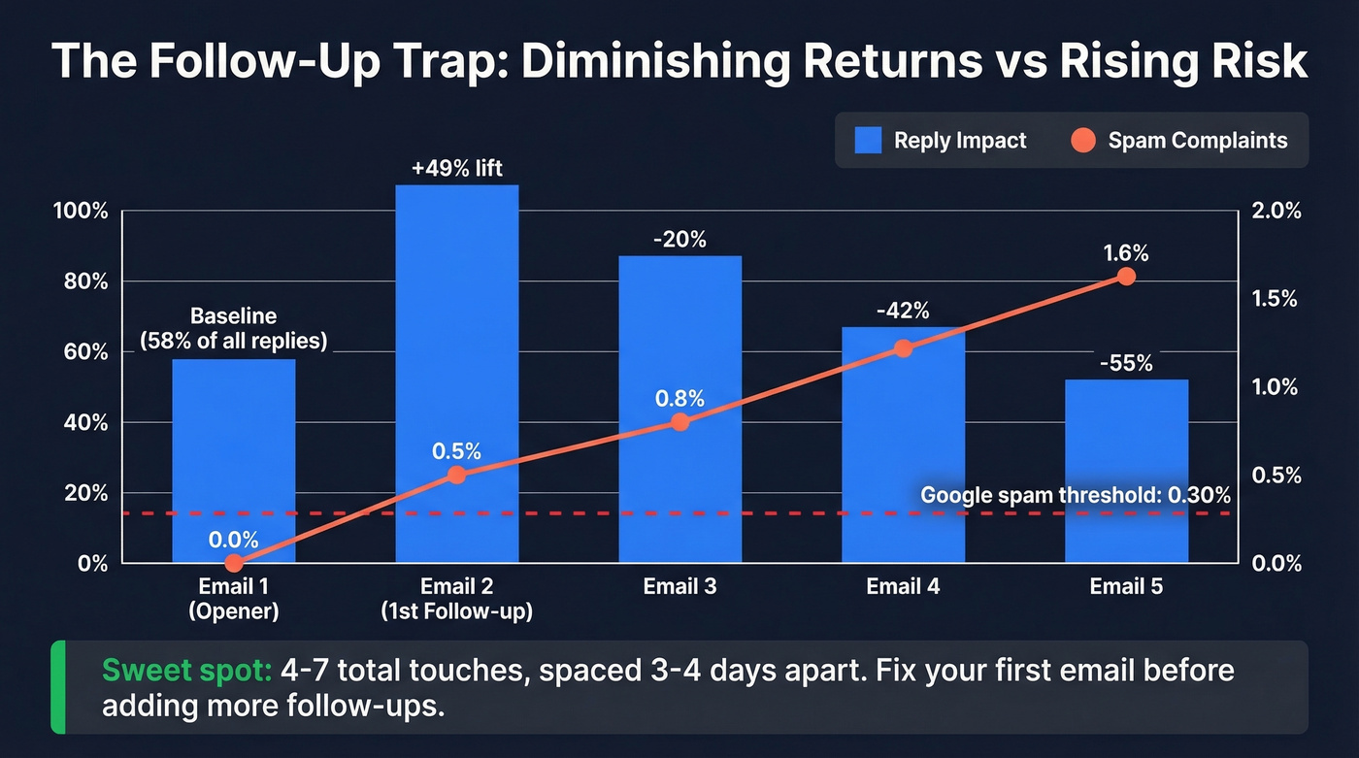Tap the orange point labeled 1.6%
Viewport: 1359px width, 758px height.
coord(1126,277)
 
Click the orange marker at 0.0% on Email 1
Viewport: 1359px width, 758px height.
coord(233,563)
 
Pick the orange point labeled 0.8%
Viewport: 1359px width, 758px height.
coord(679,422)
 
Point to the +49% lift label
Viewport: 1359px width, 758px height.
coord(456,169)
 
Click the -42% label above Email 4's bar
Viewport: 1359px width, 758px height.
coord(903,311)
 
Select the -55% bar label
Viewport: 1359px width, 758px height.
coord(1126,364)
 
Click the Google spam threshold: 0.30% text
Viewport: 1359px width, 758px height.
coord(1075,494)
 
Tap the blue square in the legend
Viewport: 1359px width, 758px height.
coord(868,140)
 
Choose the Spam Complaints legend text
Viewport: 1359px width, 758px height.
coord(1197,140)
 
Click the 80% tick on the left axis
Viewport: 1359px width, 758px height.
coord(86,282)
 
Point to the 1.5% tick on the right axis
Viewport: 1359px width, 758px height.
coord(1275,299)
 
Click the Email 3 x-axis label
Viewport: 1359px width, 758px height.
coord(679,586)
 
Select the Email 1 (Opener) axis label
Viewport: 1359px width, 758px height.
coord(233,598)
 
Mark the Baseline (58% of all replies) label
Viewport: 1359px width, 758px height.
coord(233,328)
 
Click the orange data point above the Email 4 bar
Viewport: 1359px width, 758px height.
coord(903,348)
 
